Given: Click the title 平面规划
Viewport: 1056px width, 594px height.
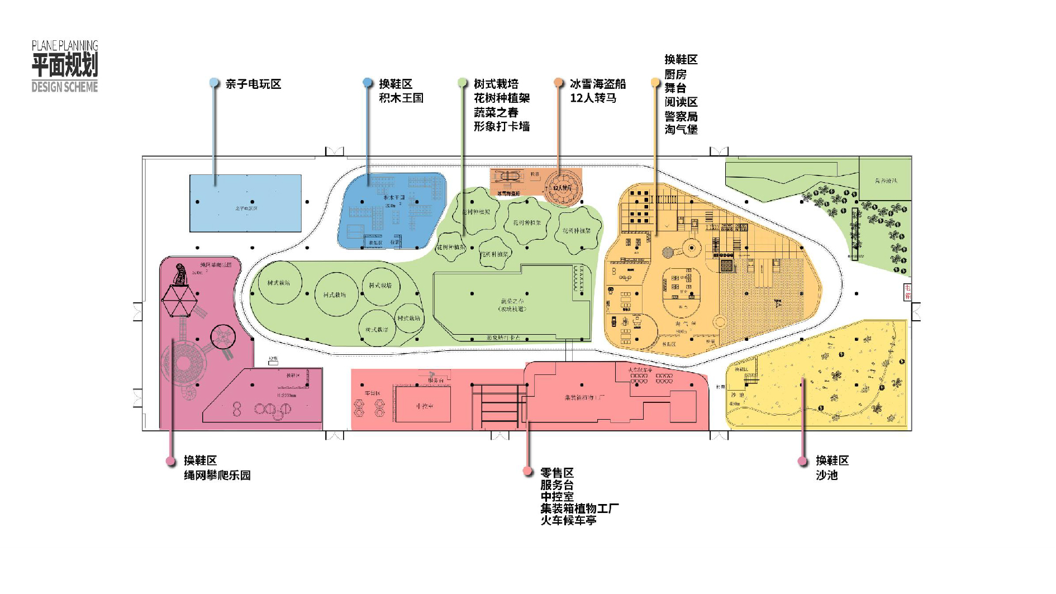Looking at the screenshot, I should (65, 65).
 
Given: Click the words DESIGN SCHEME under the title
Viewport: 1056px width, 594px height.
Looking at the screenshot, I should (65, 87).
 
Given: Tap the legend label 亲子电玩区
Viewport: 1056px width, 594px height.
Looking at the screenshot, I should (253, 84).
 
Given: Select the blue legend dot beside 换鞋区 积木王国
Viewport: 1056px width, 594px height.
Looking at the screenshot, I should (367, 83).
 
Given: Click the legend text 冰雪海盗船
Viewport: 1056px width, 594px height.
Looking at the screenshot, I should (597, 84).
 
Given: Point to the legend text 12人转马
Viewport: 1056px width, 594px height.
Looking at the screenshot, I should (593, 98).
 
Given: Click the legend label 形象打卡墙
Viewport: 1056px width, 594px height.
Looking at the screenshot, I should (501, 126).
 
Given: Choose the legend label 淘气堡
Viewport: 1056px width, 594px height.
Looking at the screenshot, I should (681, 130).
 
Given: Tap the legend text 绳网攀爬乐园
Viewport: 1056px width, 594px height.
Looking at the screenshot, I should (217, 476).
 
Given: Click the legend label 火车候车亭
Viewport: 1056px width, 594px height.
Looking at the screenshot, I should (568, 520).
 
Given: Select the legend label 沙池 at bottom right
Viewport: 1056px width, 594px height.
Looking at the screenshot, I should (826, 476).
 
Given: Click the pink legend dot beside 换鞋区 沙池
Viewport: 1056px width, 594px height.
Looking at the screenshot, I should (803, 461).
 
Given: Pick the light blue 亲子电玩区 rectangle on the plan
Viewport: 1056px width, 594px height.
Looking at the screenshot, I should (245, 203).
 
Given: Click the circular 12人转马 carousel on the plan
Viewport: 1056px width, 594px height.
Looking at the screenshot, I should (563, 188).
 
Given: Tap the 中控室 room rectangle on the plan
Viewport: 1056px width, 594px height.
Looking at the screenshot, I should (423, 405).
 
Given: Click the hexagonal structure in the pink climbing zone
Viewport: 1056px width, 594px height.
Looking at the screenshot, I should (179, 301).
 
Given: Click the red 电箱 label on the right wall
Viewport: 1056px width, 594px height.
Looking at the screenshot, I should (907, 292).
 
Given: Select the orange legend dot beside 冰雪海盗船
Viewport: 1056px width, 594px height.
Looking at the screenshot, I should (558, 83).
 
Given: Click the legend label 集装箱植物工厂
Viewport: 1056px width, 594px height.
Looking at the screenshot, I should (579, 509).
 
